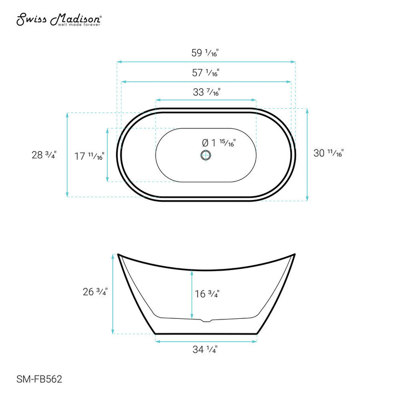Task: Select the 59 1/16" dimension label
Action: pyautogui.click(x=205, y=53)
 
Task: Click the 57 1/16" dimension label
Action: pyautogui.click(x=205, y=72)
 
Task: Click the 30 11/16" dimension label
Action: pyautogui.click(x=329, y=154)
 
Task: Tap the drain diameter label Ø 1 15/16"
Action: pyautogui.click(x=218, y=143)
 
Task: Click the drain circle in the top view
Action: pyautogui.click(x=206, y=155)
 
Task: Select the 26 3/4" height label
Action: pyautogui.click(x=94, y=292)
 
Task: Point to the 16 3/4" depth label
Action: pyautogui.click(x=207, y=294)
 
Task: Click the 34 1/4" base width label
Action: pyautogui.click(x=205, y=350)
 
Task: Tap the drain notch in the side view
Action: pyautogui.click(x=206, y=320)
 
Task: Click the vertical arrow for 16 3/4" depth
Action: pyautogui.click(x=192, y=294)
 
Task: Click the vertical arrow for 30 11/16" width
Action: pyautogui.click(x=307, y=154)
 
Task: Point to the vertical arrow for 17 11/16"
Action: pyautogui.click(x=108, y=154)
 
